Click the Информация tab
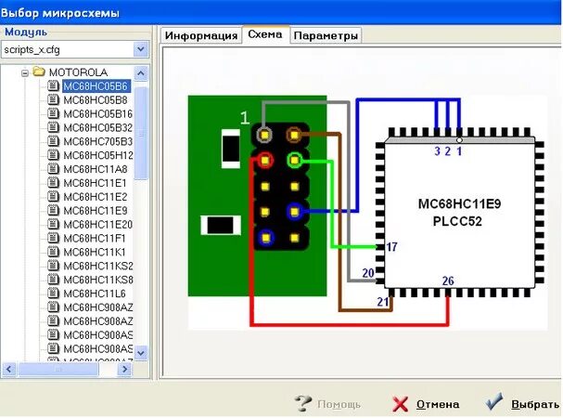tap(201, 35)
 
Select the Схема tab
tap(265, 34)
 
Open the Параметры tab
tap(326, 35)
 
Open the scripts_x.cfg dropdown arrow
tap(140, 48)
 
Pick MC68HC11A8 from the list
tap(96, 169)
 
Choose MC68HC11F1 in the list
tap(95, 238)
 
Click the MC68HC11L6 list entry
tap(95, 294)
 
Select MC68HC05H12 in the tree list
tap(97, 155)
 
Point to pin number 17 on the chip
tap(391, 247)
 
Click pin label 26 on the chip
tap(448, 281)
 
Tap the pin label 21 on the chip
tap(383, 302)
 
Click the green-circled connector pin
tap(295, 159)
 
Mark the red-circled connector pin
tap(266, 160)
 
